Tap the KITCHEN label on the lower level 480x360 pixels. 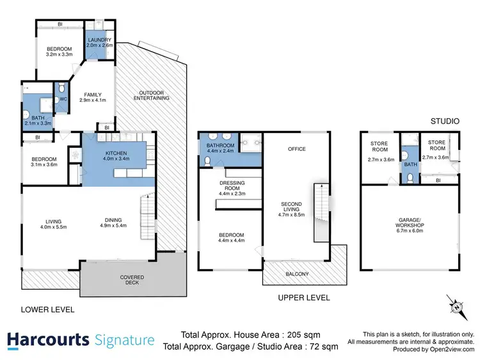pos(116,153)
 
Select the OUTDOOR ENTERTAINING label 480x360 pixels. pos(152,94)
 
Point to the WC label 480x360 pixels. pos(63,99)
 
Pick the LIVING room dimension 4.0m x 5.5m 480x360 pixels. pos(52,227)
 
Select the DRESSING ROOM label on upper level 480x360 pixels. pos(232,183)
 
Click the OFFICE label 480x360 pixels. pos(296,149)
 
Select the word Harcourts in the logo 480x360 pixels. pos(49,340)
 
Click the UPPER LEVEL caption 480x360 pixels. pos(303,297)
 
